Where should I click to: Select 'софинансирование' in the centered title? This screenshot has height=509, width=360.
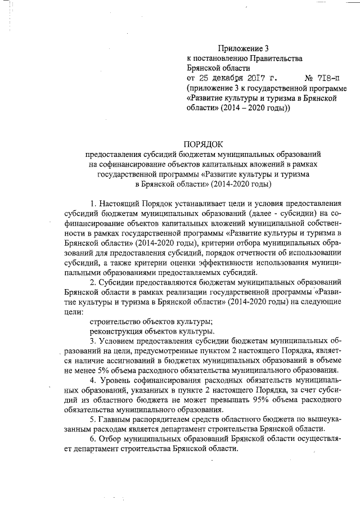click(129, 164)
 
